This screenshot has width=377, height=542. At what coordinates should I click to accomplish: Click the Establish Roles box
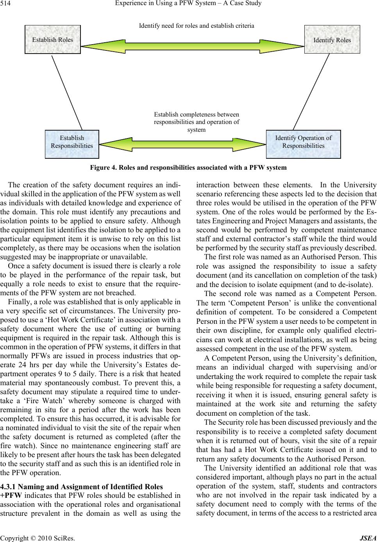(x=52, y=39)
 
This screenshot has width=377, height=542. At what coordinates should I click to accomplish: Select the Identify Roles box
(x=332, y=39)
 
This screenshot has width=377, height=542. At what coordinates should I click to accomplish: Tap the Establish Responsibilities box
(x=72, y=142)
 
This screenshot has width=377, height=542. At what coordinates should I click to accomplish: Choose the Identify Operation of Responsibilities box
(x=303, y=142)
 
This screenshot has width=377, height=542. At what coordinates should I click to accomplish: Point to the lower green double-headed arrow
(x=183, y=143)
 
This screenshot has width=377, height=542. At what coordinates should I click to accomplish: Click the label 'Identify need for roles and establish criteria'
(x=197, y=26)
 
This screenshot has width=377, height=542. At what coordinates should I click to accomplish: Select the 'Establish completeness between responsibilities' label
(x=197, y=122)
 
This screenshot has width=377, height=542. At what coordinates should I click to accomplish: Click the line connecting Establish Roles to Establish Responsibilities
(x=67, y=92)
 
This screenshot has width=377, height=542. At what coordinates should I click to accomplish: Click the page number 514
(x=6, y=4)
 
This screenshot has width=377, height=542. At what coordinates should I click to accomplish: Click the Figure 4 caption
(x=188, y=168)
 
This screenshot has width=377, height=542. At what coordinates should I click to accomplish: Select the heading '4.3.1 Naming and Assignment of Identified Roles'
(x=81, y=487)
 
